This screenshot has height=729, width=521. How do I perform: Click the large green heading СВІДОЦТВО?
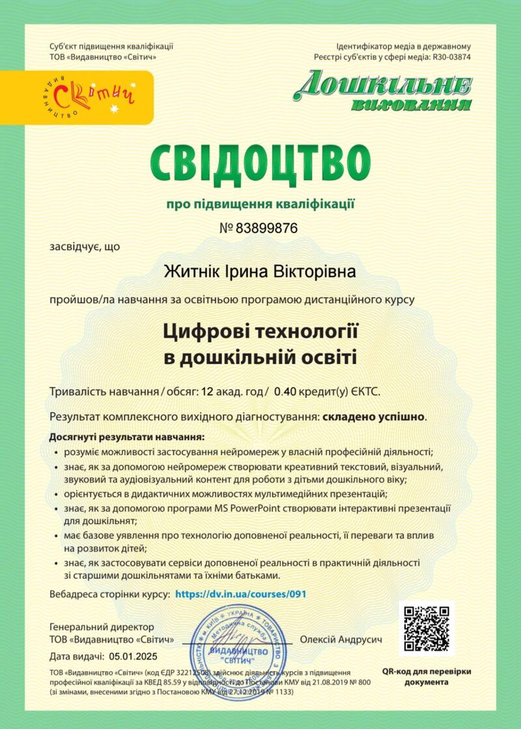point(260,161)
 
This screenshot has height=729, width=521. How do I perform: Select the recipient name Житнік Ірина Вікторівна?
point(260,270)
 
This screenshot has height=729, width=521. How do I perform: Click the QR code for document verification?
point(427,629)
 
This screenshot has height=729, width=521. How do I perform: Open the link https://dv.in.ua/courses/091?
point(241,594)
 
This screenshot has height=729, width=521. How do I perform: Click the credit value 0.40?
point(285,392)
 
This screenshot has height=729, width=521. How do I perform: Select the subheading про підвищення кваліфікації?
point(260,204)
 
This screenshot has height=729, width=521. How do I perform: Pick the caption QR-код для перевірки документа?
point(427,676)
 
